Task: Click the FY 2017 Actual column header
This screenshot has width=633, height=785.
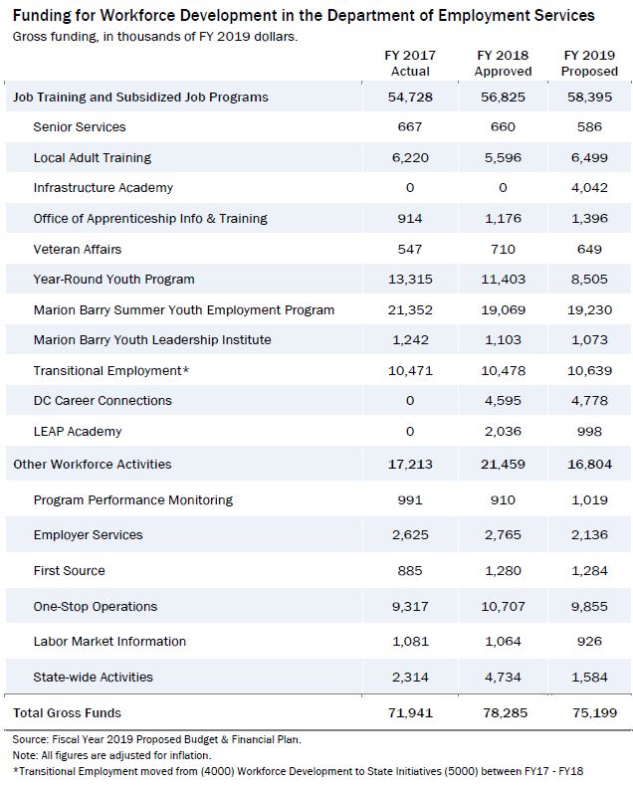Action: (410, 63)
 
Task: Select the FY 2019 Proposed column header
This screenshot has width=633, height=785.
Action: (589, 63)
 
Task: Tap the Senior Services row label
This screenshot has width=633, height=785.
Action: (80, 127)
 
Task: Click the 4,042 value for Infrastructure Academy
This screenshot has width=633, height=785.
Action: (589, 188)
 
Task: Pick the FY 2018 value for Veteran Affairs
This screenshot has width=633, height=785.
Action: (503, 250)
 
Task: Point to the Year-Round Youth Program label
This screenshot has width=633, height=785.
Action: (113, 280)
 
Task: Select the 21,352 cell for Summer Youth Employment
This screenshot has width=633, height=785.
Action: (410, 309)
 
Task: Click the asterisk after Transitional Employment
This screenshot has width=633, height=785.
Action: (186, 369)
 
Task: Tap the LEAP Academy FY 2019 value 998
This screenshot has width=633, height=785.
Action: (589, 432)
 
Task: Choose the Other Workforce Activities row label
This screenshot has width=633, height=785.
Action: (93, 464)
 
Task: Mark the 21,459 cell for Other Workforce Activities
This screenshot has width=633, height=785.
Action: (503, 464)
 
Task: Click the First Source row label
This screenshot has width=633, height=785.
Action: (69, 571)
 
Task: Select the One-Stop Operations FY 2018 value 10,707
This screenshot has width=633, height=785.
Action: (503, 607)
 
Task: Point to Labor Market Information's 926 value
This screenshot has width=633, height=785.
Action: (589, 642)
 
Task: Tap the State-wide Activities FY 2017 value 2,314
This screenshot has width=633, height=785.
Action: (410, 678)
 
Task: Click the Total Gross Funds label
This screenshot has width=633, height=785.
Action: (67, 713)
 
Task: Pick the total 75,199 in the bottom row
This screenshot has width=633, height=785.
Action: (595, 713)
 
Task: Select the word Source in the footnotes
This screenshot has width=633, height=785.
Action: (30, 739)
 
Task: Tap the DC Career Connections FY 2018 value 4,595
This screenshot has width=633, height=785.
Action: (503, 401)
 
